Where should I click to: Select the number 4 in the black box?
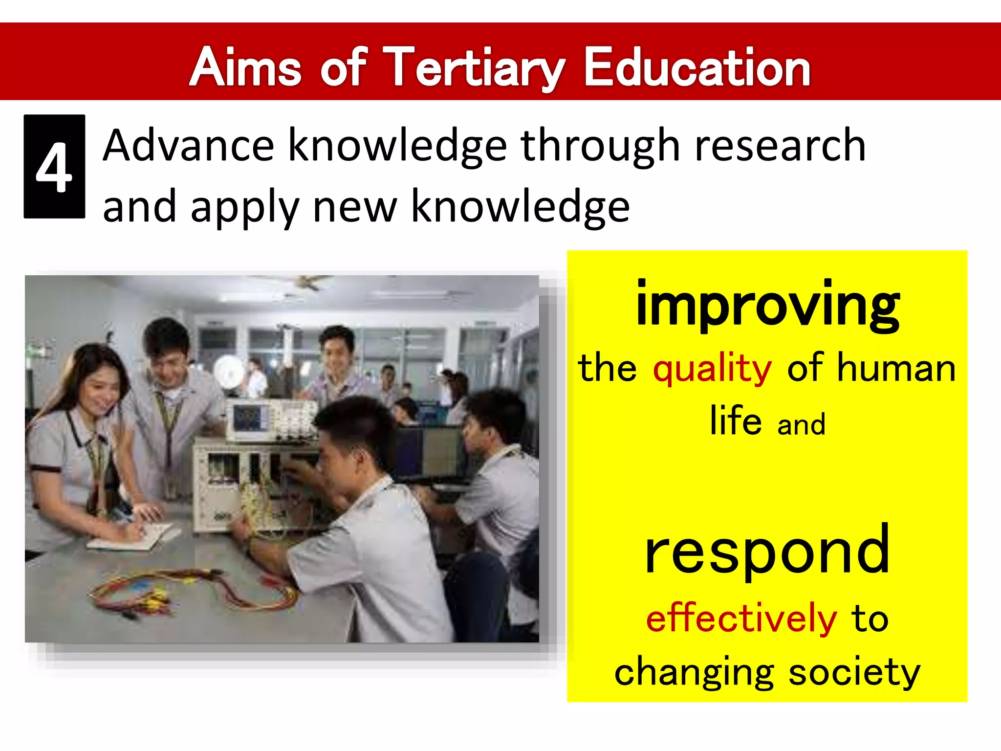point(54,168)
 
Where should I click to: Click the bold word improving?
point(767,306)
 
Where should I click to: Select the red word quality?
point(712,368)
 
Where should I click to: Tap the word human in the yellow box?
point(896,368)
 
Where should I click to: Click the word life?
point(736,421)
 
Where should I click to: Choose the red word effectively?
point(741,619)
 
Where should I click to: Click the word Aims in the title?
point(245,68)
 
